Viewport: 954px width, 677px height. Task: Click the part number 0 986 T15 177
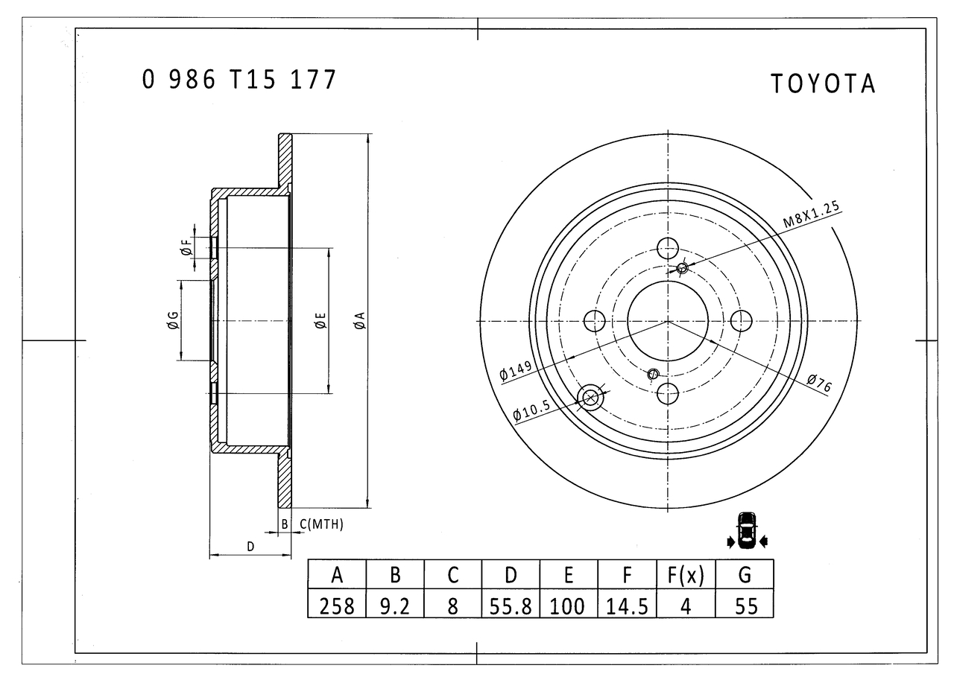pos(239,79)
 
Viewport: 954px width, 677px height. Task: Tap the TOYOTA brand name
pos(823,83)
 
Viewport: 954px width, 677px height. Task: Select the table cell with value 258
pos(336,606)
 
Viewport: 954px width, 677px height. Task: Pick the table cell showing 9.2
pos(394,606)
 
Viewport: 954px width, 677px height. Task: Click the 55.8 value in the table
pos(511,606)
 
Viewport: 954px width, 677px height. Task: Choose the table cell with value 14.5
pos(627,606)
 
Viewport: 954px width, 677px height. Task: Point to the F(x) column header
pos(685,576)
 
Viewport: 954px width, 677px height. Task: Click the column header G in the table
pos(744,576)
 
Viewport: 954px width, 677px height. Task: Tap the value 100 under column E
pos(569,606)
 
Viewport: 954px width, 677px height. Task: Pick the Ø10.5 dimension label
pos(531,411)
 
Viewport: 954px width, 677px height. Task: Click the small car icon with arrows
pos(746,531)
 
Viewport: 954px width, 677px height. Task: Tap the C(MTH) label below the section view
pos(321,524)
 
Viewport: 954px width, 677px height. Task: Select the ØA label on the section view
pos(359,321)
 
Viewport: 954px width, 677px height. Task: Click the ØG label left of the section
pos(172,321)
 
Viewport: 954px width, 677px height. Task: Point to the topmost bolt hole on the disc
pos(668,249)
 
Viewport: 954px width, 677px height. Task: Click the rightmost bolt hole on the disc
pos(741,321)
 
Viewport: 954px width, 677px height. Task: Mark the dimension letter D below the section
pos(250,547)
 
